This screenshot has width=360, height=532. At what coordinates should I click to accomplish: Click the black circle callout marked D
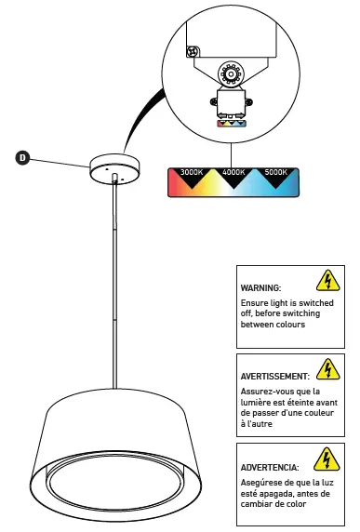pyautogui.click(x=22, y=158)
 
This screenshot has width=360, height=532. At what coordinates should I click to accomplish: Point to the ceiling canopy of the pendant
pyautogui.click(x=113, y=168)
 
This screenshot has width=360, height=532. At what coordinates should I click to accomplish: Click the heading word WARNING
pyautogui.click(x=260, y=289)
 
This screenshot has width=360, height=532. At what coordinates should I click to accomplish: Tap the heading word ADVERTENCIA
pyautogui.click(x=270, y=466)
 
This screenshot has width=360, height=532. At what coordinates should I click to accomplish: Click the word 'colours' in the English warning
pyautogui.click(x=303, y=325)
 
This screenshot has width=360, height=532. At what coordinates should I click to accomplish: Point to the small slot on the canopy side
pyautogui.click(x=113, y=176)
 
